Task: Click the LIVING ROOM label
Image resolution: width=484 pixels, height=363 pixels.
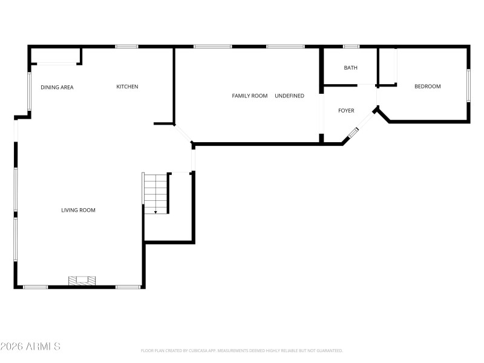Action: [78, 211]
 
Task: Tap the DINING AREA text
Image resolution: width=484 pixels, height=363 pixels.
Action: [57, 88]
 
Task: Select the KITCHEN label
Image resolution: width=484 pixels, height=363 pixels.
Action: [127, 87]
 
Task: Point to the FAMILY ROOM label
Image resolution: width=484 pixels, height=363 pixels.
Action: [249, 96]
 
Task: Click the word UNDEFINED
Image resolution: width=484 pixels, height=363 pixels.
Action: [289, 96]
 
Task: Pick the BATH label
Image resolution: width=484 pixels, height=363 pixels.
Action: [350, 68]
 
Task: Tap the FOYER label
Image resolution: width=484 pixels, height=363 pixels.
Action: [346, 111]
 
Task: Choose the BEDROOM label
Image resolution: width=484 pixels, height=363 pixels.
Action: [427, 87]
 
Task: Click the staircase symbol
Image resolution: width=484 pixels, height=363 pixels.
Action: [155, 192]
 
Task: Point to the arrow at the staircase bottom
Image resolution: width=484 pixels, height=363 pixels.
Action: [155, 211]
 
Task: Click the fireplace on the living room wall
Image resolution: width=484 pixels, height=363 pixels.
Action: [82, 281]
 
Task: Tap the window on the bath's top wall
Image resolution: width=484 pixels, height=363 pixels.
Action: [351, 47]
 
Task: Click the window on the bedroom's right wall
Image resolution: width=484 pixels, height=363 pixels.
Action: [468, 85]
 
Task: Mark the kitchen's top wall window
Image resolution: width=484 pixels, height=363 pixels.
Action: [126, 47]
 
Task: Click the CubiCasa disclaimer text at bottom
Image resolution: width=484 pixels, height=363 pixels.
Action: [241, 351]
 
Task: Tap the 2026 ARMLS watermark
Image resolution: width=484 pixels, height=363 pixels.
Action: [30, 347]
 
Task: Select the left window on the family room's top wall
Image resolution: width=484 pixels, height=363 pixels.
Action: [212, 47]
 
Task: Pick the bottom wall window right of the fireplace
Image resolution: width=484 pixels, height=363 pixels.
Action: [128, 287]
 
